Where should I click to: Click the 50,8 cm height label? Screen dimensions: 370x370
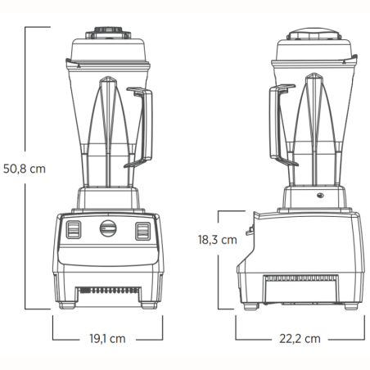(24, 167)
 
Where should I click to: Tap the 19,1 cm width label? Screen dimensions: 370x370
(106, 337)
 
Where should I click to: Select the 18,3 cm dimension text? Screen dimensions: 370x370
(217, 240)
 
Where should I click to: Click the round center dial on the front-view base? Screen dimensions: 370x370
(107, 229)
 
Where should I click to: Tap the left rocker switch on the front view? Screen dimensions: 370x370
(74, 230)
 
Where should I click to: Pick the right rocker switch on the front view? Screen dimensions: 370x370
(142, 230)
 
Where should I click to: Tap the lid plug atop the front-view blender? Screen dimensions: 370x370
(107, 31)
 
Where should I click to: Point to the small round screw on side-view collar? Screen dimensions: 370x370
(321, 196)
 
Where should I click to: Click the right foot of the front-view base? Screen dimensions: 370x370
(147, 309)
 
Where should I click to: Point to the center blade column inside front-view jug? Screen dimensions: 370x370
(107, 123)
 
